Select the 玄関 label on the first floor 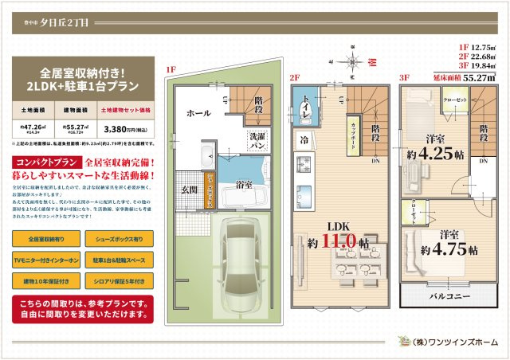click(x=189, y=190)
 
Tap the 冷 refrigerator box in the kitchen click(x=304, y=139)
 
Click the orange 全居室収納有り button click(x=46, y=239)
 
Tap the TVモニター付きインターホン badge click(x=46, y=260)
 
